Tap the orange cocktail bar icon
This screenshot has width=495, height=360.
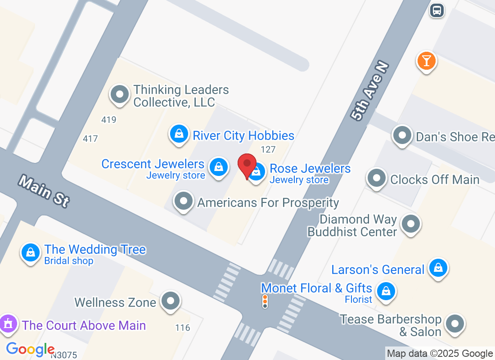pyautogui.click(x=426, y=61)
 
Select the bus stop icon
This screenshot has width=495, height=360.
pyautogui.click(x=436, y=10)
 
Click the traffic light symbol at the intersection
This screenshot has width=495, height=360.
pyautogui.click(x=265, y=301)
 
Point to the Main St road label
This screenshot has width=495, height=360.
pyautogui.click(x=44, y=191)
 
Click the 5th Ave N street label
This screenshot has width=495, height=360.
pyautogui.click(x=369, y=91)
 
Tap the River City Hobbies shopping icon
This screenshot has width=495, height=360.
pyautogui.click(x=179, y=135)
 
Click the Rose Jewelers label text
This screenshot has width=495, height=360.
pyautogui.click(x=310, y=169)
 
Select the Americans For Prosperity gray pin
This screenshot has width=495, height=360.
pyautogui.click(x=184, y=201)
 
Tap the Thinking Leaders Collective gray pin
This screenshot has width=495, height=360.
pyautogui.click(x=120, y=95)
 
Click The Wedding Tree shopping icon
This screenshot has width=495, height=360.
pyautogui.click(x=30, y=252)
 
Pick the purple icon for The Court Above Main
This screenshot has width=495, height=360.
pyautogui.click(x=8, y=324)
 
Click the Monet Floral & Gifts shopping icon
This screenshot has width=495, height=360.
pyautogui.click(x=386, y=291)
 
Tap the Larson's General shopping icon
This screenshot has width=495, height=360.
pyautogui.click(x=437, y=268)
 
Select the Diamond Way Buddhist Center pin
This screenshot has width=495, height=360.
pyautogui.click(x=410, y=224)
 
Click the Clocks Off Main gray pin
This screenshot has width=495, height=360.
pyautogui.click(x=377, y=178)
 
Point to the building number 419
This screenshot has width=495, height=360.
pyautogui.click(x=109, y=120)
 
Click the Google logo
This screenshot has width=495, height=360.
pyautogui.click(x=30, y=349)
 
